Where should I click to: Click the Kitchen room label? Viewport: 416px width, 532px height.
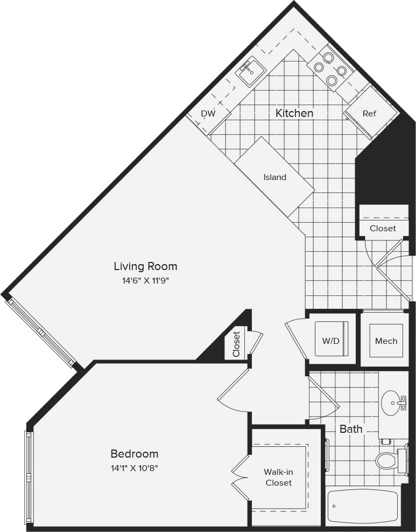click(x=294, y=113)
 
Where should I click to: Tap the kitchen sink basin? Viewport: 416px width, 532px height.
click(x=251, y=72)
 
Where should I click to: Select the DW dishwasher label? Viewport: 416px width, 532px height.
click(x=208, y=114)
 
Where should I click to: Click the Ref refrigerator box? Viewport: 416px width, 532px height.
click(x=370, y=114)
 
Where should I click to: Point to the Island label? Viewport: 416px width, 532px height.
click(x=274, y=177)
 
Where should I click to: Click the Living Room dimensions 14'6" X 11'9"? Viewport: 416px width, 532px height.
click(x=145, y=280)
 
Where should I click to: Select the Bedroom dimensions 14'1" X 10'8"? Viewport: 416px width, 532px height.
click(x=135, y=468)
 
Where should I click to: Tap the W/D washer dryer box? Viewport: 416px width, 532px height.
click(x=332, y=340)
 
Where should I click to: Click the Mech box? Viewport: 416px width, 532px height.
click(x=386, y=341)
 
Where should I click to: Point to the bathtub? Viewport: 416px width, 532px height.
click(x=362, y=507)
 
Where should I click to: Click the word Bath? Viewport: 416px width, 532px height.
click(x=351, y=429)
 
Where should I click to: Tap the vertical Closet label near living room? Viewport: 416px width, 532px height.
click(x=236, y=344)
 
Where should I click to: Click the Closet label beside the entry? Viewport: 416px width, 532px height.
click(x=383, y=229)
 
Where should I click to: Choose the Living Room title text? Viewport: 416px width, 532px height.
click(x=145, y=266)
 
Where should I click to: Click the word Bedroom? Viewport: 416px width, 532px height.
click(x=135, y=454)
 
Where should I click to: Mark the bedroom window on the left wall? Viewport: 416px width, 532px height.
click(x=29, y=477)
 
